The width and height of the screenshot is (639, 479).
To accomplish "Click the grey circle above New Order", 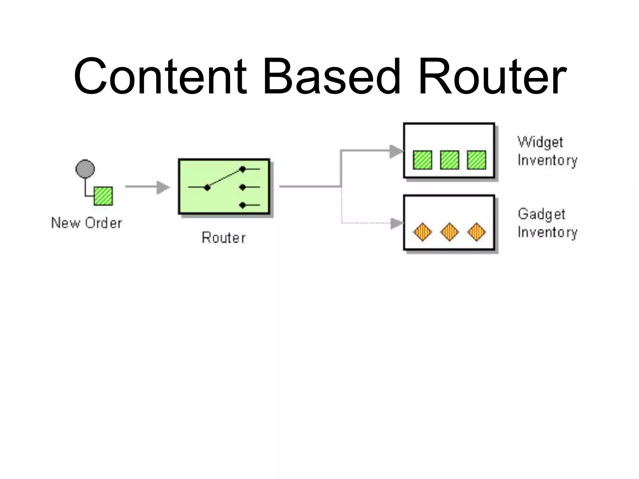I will (x=85, y=169).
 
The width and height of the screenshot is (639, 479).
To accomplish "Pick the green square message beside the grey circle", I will (x=103, y=196).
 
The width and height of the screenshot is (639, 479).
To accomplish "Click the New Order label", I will (x=87, y=223).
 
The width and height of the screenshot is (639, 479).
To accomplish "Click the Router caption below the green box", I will (x=224, y=238).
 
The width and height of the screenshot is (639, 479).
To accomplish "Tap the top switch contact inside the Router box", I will (x=242, y=169).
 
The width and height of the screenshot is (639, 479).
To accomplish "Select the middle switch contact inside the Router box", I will (x=242, y=187).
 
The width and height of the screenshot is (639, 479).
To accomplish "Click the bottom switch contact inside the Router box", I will (x=242, y=205).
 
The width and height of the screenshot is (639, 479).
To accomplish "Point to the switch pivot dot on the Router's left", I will (x=207, y=187).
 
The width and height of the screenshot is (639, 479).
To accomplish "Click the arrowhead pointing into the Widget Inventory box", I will (x=396, y=152).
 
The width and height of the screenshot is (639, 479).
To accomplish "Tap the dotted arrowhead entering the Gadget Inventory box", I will (x=397, y=223).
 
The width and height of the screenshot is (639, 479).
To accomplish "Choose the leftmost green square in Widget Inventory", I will (x=422, y=160).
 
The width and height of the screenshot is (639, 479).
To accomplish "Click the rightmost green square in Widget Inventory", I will (x=476, y=160).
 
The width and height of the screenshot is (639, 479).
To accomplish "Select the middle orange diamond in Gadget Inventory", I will (x=450, y=232).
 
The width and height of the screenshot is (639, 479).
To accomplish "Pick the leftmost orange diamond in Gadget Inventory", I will (x=422, y=232).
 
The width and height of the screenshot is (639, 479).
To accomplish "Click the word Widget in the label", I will (x=540, y=143).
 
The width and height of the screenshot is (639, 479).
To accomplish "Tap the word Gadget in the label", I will (x=541, y=214).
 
